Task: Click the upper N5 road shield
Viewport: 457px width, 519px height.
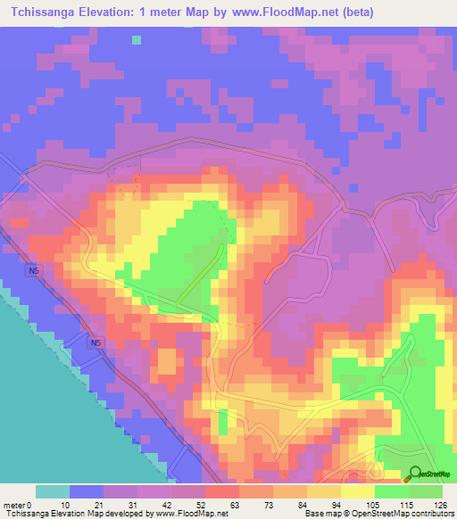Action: pos(33,268)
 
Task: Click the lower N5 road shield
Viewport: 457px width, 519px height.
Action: pos(95,342)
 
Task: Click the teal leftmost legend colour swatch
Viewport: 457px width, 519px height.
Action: pos(53,491)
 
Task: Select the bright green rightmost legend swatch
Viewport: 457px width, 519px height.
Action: pos(426,491)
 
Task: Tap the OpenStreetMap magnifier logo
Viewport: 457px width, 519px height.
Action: pos(415,474)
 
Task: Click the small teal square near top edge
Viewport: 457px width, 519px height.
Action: pos(136,39)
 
